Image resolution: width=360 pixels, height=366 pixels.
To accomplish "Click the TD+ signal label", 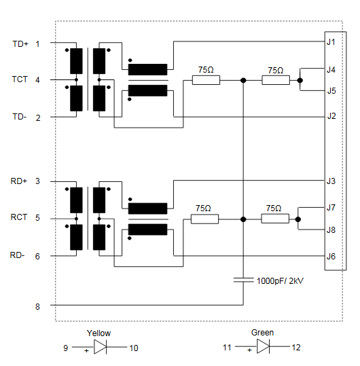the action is [x=20, y=44].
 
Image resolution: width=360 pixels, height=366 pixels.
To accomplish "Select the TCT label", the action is [x=20, y=79].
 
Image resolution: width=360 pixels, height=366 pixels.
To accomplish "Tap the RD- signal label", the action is [x=17, y=255].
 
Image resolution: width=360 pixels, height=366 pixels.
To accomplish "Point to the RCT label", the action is [x=19, y=217].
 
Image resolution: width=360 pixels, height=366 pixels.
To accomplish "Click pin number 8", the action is [x=37, y=306].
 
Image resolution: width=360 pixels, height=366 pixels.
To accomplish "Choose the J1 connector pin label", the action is [x=331, y=42].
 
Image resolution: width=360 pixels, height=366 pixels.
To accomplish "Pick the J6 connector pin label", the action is [x=331, y=257].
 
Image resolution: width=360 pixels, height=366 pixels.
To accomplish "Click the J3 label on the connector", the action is [x=331, y=181].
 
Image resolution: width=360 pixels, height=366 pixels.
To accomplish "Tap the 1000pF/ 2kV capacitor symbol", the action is [x=243, y=280].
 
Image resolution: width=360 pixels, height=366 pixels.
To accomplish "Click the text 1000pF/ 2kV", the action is [x=280, y=281].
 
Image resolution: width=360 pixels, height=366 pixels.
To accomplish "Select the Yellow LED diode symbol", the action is [x=100, y=347].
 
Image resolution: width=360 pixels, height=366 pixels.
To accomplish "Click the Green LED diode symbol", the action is [x=263, y=346].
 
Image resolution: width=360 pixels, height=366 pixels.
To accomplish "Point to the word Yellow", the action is [x=98, y=333].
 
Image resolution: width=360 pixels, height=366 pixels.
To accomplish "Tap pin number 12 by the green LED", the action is [x=296, y=348].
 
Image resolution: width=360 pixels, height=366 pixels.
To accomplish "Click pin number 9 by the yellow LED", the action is [x=66, y=348].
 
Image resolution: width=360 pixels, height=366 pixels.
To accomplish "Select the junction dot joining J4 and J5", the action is [x=300, y=80].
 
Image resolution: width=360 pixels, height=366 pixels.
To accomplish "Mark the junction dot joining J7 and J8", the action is [x=298, y=219].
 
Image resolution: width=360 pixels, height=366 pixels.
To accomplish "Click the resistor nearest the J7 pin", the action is [x=275, y=219].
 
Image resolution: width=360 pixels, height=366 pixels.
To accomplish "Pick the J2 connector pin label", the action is [x=331, y=116].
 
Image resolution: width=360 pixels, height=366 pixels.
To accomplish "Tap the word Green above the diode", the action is [x=262, y=333].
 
